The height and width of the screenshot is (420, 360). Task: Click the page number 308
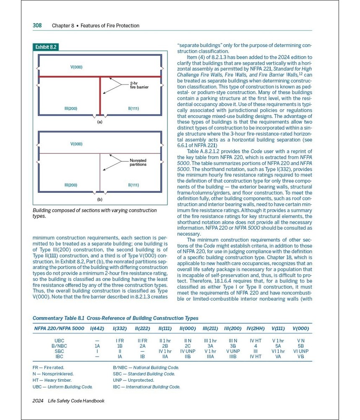pos(37,25)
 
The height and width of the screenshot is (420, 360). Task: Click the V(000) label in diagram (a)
pos(76,67)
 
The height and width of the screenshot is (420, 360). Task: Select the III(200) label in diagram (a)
pos(70,109)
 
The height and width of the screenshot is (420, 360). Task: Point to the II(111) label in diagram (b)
pos(133,185)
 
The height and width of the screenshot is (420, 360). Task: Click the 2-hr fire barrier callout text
pos(139,85)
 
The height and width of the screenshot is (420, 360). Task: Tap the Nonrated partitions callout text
pos(138,163)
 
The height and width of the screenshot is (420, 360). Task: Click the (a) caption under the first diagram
pos(100,122)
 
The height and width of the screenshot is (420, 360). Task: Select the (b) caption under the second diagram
pos(100,199)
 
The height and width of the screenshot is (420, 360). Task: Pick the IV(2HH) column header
pos(256,328)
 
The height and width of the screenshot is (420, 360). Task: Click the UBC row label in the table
pos(60,341)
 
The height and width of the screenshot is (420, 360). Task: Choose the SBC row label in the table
pos(60,351)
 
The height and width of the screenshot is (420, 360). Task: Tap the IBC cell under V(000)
pos(300,357)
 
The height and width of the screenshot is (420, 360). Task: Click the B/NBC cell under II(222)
pos(142,346)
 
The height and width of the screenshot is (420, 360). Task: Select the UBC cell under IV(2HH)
pos(256,341)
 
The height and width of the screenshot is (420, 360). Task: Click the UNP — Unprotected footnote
pos(133,380)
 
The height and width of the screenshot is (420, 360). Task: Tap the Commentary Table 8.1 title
pos(115,318)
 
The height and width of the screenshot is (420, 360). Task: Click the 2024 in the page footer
pos(38,401)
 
